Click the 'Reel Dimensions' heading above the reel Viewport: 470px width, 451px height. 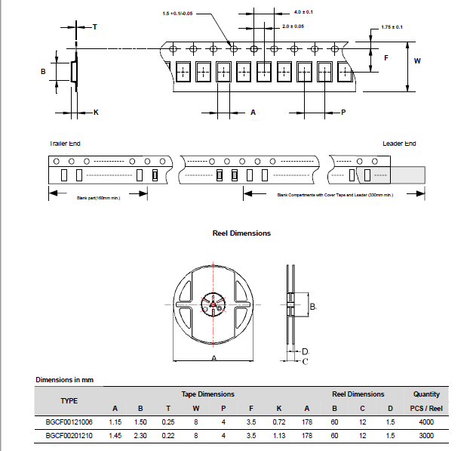241,233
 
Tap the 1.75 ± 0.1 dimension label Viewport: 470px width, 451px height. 392,27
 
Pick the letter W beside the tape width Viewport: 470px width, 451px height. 417,60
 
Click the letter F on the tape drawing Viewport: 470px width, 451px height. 386,58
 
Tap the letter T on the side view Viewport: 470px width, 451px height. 94,26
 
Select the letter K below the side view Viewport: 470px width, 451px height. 96,112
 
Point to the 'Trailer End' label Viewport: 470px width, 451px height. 65,144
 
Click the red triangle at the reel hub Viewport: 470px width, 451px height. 213,305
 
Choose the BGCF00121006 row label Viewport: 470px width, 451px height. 69,422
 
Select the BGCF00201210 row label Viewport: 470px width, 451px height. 69,436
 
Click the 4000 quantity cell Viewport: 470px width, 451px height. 426,422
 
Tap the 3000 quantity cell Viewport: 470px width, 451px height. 426,436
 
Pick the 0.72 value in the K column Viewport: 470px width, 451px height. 279,422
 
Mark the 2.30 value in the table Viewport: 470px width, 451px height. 140,436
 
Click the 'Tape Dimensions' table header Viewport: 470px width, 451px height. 207,394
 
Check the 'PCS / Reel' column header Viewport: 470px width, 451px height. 426,408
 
